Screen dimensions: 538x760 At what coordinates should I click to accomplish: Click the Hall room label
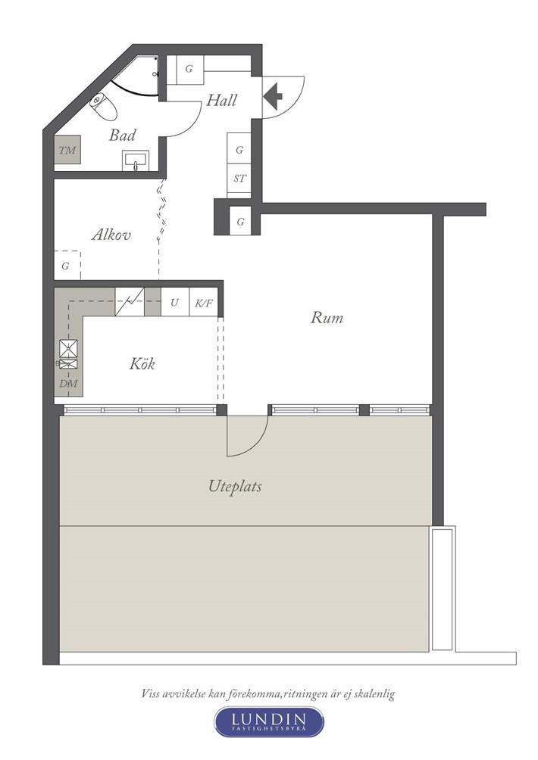point(222,101)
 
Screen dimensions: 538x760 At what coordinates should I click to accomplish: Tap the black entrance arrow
point(273,95)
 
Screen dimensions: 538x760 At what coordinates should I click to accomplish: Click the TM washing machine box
point(67,150)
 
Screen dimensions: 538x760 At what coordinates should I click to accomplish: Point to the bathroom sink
point(136,160)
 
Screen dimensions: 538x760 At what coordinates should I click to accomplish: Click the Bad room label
point(122,135)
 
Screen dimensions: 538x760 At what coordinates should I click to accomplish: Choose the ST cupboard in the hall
point(239,179)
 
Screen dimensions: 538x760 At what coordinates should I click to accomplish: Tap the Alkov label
point(111,235)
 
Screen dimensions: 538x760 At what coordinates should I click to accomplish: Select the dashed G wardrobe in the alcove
point(67,265)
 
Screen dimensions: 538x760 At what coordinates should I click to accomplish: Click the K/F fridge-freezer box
point(204,304)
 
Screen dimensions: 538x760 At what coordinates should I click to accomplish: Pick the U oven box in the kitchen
point(174,303)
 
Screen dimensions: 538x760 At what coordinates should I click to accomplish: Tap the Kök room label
point(142,363)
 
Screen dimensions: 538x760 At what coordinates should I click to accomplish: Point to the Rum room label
point(327,317)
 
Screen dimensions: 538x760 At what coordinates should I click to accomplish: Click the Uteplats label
point(235,486)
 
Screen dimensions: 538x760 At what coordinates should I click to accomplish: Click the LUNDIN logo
point(269,722)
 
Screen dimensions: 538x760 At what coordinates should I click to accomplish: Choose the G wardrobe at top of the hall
point(189,69)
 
